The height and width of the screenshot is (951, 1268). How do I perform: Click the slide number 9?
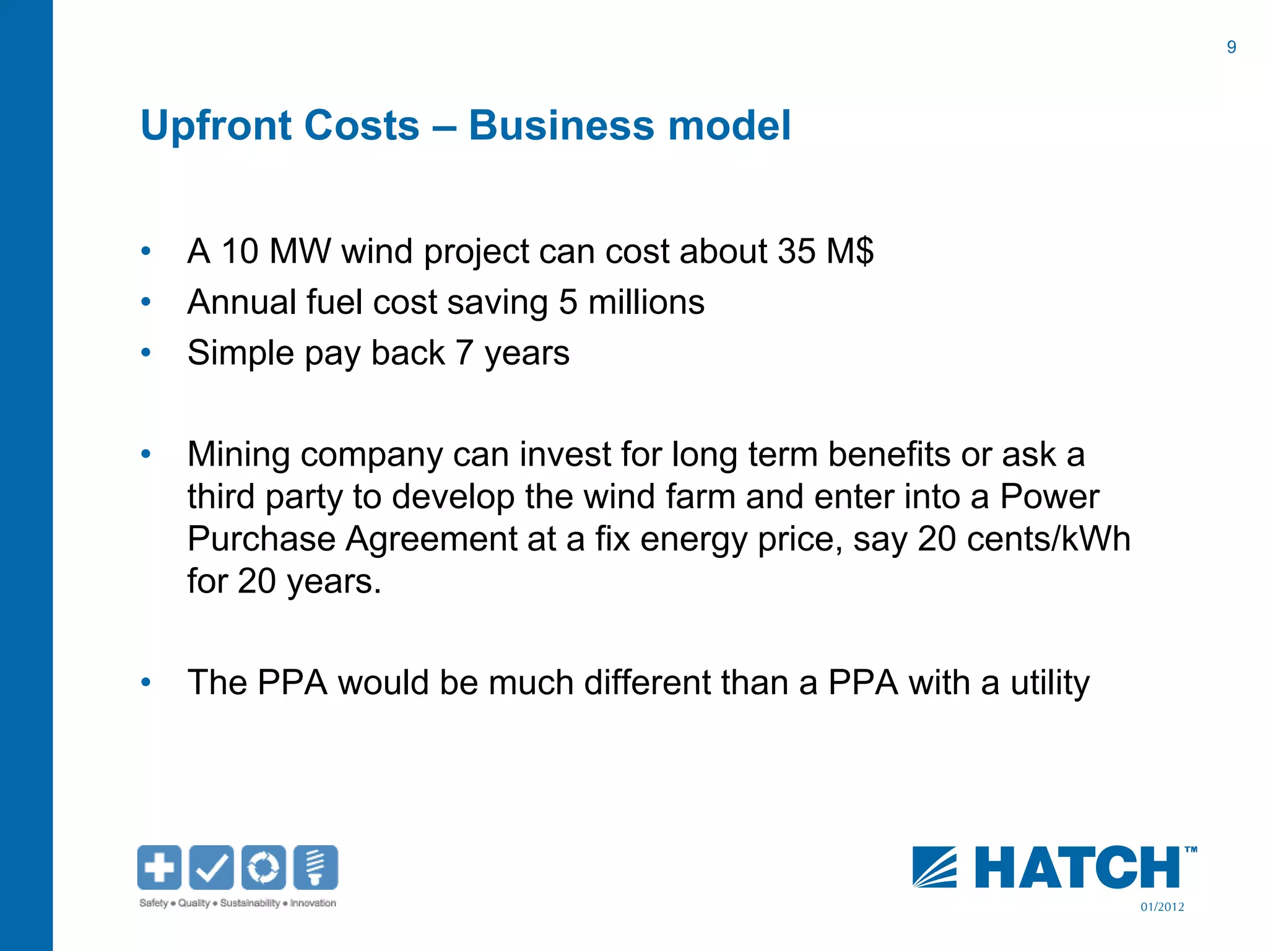point(1231,47)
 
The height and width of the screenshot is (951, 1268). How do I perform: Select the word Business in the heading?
point(560,126)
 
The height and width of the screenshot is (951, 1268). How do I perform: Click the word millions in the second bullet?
point(646,302)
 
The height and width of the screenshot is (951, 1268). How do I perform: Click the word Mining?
point(238,454)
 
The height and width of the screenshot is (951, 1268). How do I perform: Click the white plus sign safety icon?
point(159,867)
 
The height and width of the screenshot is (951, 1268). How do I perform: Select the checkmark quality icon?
point(211,867)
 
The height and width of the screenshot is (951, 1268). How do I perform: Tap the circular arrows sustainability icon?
point(263,867)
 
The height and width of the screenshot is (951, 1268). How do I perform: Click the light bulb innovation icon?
point(316,867)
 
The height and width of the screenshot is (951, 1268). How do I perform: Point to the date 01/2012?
point(1162,907)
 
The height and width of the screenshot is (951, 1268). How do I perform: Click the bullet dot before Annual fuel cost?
point(146,302)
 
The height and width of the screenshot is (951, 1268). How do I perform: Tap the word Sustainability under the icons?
point(250,903)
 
